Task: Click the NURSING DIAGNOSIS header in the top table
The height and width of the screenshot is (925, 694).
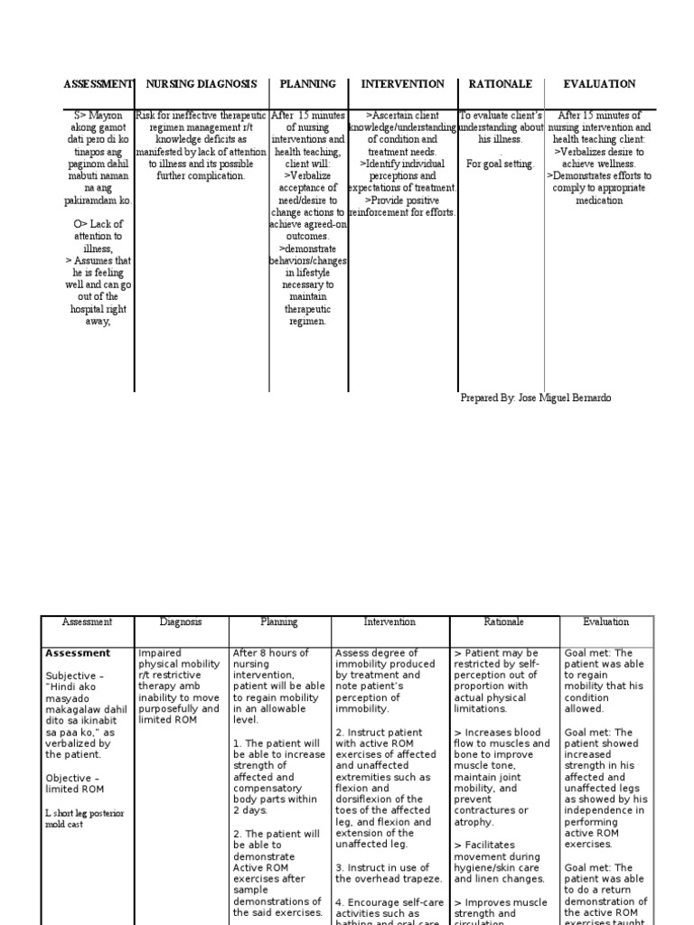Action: [x=202, y=84]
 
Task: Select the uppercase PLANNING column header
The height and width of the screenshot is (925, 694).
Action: [x=307, y=84]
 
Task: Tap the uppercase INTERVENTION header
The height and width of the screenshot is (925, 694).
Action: [x=402, y=84]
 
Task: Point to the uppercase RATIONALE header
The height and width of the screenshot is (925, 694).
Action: [x=501, y=84]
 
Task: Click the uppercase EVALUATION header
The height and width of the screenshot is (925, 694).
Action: [x=599, y=84]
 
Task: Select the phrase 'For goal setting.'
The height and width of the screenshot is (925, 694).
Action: [x=500, y=164]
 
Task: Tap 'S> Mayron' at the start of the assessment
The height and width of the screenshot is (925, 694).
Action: [x=101, y=116]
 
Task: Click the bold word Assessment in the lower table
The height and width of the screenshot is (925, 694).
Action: [x=78, y=653]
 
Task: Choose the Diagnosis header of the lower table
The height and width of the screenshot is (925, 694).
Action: [x=181, y=622]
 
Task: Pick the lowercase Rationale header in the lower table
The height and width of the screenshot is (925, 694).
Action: [x=503, y=622]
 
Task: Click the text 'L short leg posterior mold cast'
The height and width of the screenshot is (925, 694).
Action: [x=84, y=818]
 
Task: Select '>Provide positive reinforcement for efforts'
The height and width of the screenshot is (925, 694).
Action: [x=402, y=206]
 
